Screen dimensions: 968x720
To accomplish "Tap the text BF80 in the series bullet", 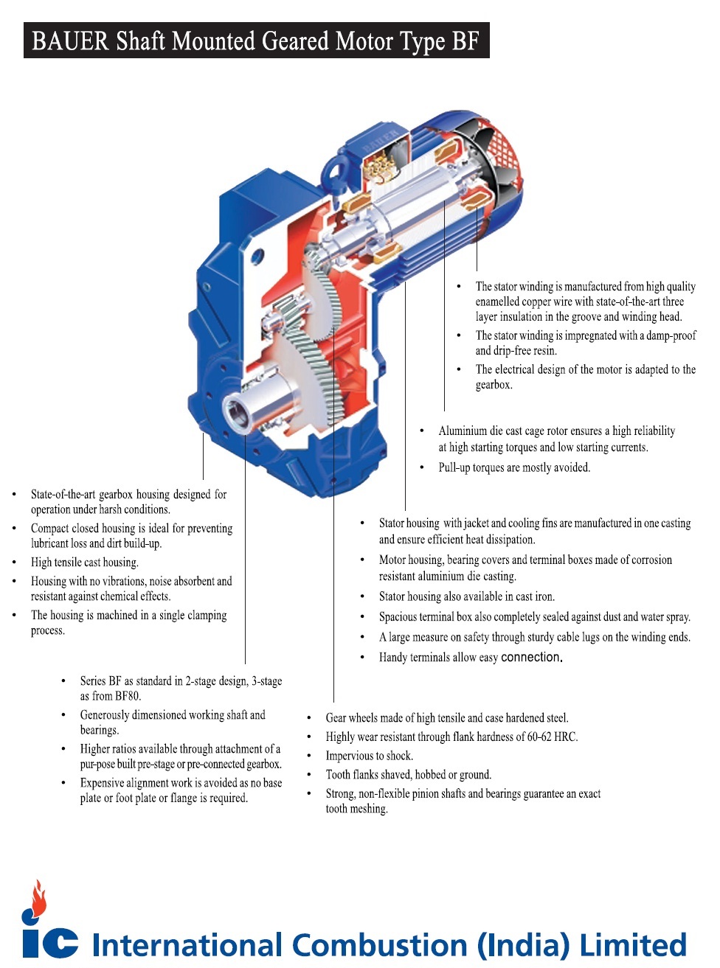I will pos(127,696).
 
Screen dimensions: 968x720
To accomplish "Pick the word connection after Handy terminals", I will pos(531,657).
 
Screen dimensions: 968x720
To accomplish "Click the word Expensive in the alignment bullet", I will pos(105,783).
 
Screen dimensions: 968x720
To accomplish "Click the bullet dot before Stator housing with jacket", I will pos(362,523).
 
